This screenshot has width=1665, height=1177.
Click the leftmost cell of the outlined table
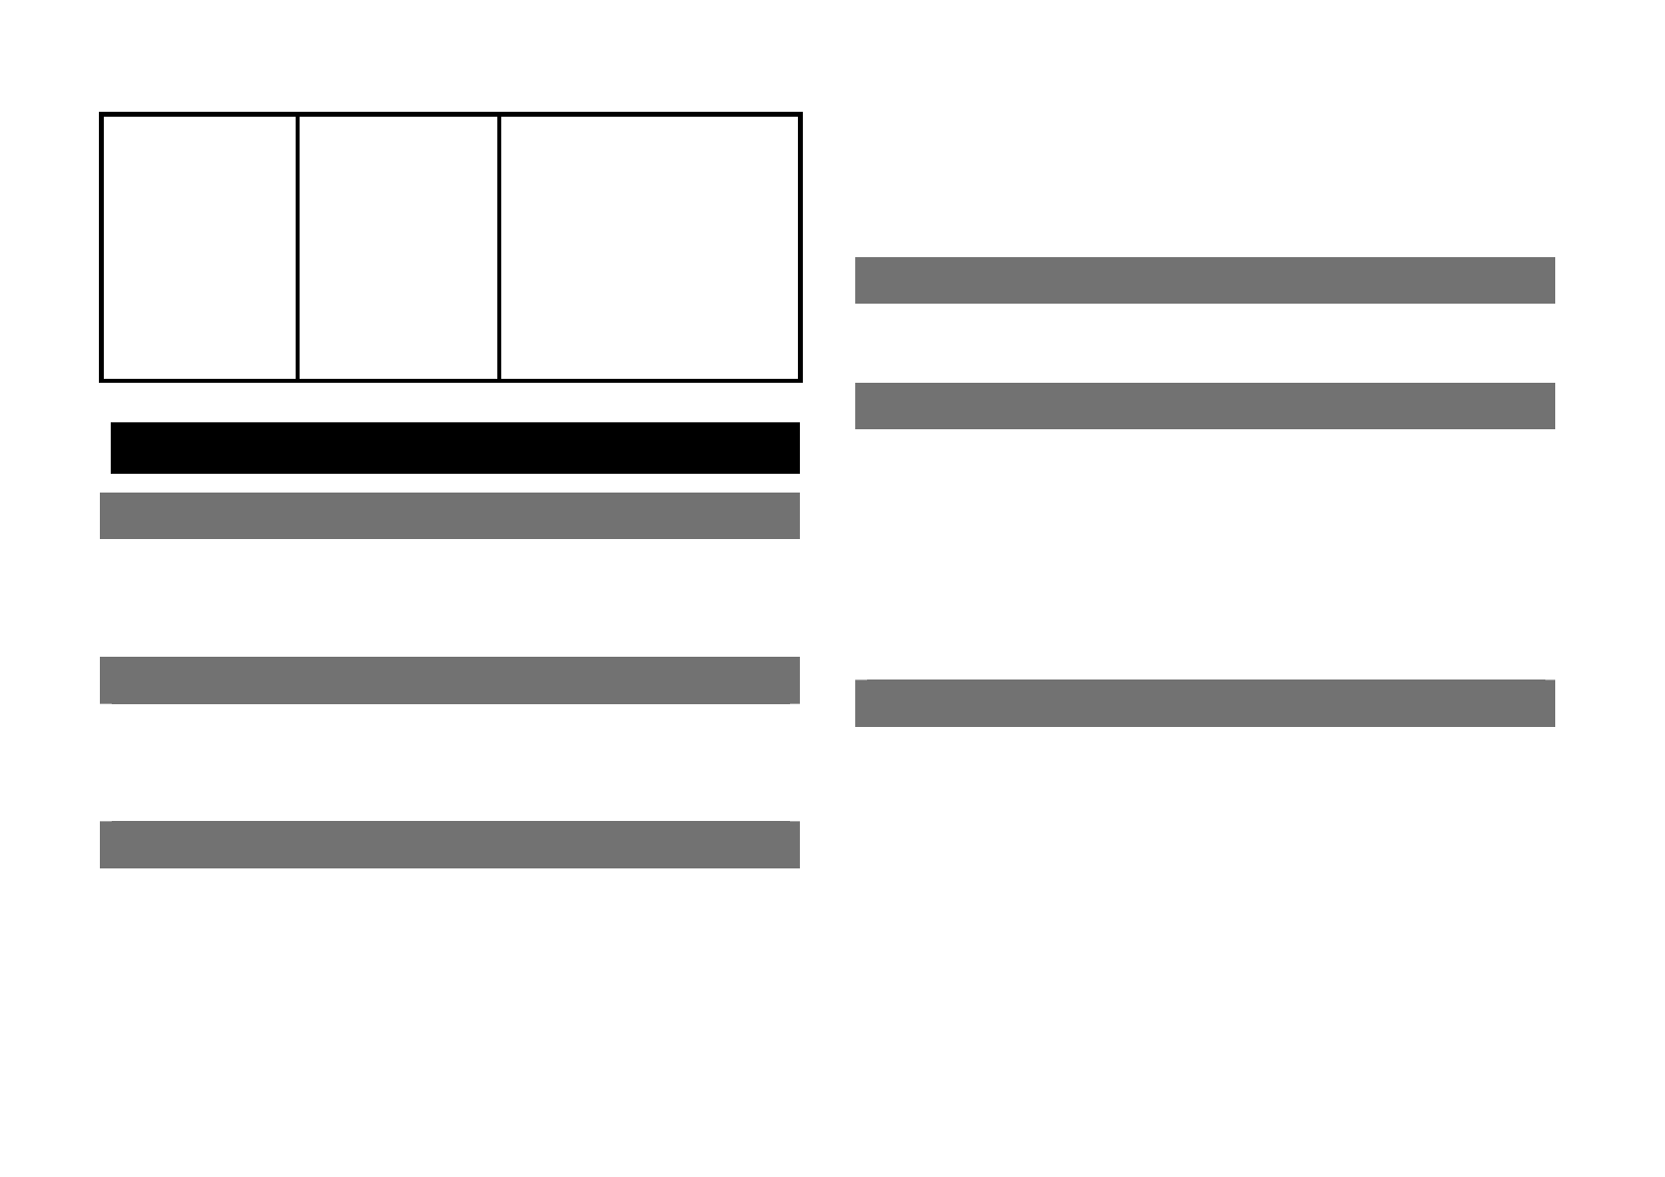199,247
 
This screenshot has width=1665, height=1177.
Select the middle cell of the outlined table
397,247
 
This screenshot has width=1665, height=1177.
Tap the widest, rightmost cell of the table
650,247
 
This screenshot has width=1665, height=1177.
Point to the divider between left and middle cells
298,247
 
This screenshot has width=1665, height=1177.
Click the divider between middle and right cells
499,247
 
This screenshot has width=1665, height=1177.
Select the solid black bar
455,448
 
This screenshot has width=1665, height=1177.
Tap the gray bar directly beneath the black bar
450,515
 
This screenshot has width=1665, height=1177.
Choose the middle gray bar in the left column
450,680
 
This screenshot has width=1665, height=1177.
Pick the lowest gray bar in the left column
450,845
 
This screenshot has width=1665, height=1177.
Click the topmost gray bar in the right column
1204,280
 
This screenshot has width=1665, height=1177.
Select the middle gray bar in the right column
1204,406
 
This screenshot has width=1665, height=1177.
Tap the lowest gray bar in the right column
1204,703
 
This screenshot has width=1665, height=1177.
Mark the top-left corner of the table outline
102,115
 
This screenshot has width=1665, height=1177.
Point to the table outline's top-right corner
799,115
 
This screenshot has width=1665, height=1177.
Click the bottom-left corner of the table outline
102,379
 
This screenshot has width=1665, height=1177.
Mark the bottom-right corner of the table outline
799,379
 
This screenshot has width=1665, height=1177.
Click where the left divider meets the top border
298,115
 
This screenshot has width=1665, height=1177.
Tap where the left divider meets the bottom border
298,379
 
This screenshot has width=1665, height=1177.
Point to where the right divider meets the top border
499,115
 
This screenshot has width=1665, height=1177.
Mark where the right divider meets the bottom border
499,379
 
